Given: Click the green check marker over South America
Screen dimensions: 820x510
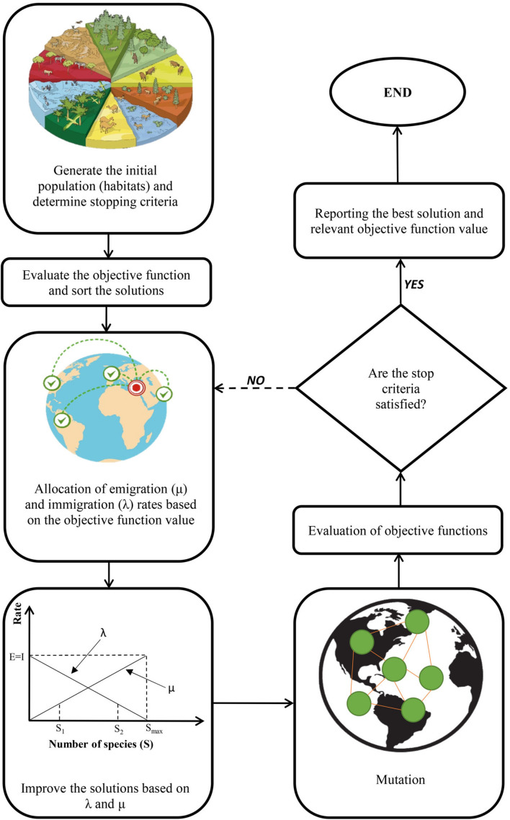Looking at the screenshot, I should (62, 418).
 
